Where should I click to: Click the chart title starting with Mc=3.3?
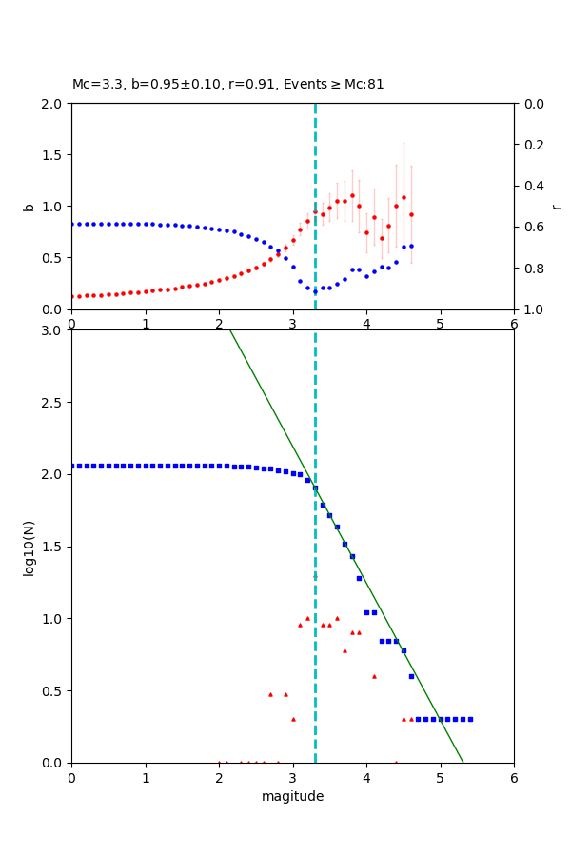click(228, 84)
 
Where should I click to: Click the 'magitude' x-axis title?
click(292, 796)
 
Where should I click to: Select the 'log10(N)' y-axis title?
click(29, 547)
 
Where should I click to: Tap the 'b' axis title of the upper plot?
click(29, 206)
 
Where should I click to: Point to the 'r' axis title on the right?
click(557, 206)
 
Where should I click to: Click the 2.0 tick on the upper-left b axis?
click(53, 103)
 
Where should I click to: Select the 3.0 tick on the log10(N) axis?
click(53, 330)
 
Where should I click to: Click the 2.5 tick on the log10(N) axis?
click(53, 403)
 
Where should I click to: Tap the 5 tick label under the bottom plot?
click(440, 777)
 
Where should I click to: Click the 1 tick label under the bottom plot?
click(145, 777)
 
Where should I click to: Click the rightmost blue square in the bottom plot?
click(470, 719)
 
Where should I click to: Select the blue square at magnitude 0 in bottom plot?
click(71, 466)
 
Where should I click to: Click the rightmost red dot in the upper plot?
click(411, 214)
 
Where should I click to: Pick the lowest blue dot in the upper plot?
click(315, 291)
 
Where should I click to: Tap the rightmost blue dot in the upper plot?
click(411, 246)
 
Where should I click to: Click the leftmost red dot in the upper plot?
click(71, 296)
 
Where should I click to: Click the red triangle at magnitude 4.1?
click(374, 676)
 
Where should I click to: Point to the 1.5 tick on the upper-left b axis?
click(53, 154)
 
